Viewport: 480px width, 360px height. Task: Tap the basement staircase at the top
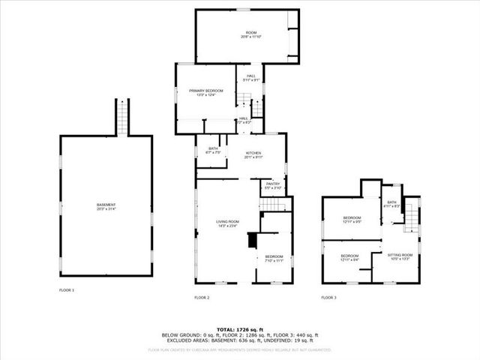[x=122, y=117]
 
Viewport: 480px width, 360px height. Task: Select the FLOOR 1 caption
[x=67, y=289]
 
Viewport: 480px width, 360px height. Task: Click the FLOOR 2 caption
[x=202, y=298]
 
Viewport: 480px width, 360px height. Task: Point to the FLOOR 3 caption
[x=328, y=298]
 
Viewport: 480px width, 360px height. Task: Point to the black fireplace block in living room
[x=253, y=240]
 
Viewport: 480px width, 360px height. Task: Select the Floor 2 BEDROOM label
[x=273, y=259]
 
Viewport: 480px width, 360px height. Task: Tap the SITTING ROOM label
[x=400, y=256]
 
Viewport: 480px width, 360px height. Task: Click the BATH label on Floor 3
[x=391, y=202]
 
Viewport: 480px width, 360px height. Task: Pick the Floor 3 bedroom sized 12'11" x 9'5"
[x=352, y=220]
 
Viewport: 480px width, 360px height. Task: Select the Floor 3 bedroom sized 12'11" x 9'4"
[x=349, y=258]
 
